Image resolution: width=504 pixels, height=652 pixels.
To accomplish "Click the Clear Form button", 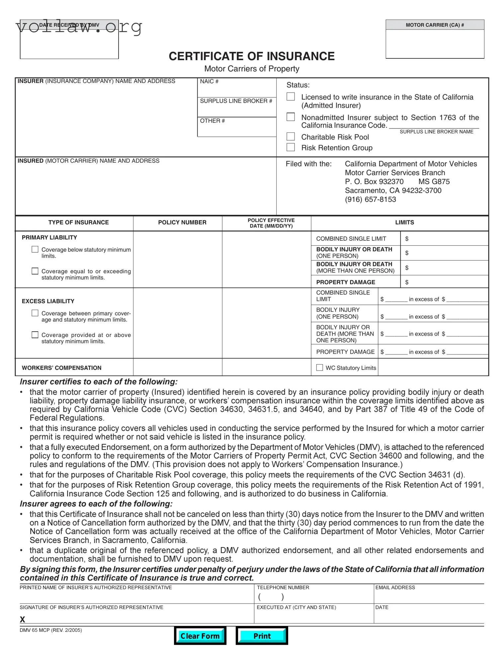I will (200, 636).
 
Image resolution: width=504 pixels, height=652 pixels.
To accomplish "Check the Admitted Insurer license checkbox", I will (291, 97).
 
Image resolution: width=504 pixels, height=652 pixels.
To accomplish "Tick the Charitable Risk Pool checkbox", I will (291, 136).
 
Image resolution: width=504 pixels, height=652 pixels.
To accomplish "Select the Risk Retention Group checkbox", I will (291, 147).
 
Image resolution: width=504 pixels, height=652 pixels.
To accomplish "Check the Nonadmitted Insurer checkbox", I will (291, 117).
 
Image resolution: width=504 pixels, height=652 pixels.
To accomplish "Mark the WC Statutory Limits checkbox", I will (319, 367).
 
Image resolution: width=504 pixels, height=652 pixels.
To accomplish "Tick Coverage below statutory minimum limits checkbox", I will (35, 249).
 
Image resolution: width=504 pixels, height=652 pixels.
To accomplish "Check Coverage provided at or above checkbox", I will (35, 335).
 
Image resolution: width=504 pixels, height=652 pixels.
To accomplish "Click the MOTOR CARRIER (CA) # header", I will (435, 25).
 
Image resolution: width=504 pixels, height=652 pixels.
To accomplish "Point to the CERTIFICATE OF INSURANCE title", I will (251, 56).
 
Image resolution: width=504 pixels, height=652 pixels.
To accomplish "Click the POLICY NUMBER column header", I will (182, 222).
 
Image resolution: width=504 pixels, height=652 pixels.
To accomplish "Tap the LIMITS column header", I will (404, 222).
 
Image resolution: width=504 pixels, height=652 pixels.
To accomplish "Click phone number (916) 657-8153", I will (370, 200).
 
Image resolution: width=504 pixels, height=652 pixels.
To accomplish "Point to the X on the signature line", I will (23, 619).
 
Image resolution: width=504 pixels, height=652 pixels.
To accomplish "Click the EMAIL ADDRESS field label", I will (395, 588).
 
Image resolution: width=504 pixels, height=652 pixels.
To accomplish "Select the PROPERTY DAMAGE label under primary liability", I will (345, 282).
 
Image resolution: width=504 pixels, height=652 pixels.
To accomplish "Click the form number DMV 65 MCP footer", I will (50, 630).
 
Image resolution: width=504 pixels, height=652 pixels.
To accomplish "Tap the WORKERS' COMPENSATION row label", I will (61, 368).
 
